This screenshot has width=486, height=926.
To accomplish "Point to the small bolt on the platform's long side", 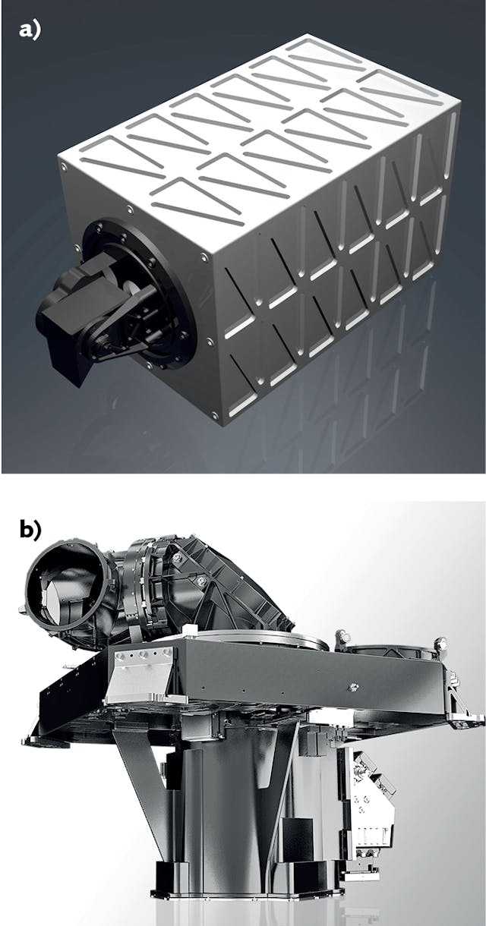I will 352,688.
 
